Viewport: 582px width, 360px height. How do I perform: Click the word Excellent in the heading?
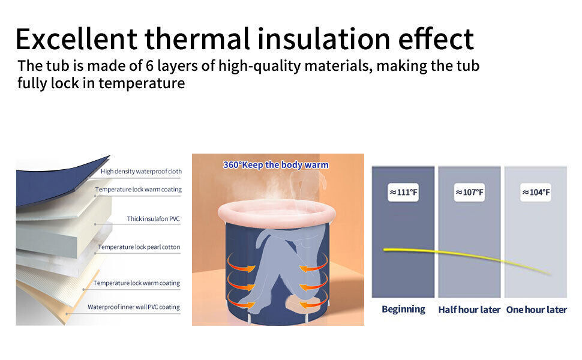pyautogui.click(x=76, y=39)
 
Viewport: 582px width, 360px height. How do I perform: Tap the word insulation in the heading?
pyautogui.click(x=323, y=39)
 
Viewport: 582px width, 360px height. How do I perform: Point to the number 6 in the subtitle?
pyautogui.click(x=149, y=65)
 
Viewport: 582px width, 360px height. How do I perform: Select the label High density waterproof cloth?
pyautogui.click(x=142, y=172)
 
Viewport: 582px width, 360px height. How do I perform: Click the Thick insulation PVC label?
pyautogui.click(x=153, y=218)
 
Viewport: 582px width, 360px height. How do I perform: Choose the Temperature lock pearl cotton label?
pyautogui.click(x=139, y=247)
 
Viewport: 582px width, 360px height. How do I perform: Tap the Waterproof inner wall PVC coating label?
pyautogui.click(x=134, y=307)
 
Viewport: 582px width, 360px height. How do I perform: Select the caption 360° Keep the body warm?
pyautogui.click(x=276, y=165)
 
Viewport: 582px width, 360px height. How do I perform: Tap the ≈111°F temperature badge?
pyautogui.click(x=403, y=192)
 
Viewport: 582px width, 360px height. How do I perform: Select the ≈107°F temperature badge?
pyautogui.click(x=469, y=192)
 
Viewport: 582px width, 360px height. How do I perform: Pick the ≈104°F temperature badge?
pyautogui.click(x=536, y=192)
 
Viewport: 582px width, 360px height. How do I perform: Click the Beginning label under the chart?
pyautogui.click(x=403, y=309)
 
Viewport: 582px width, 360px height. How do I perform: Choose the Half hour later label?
pyautogui.click(x=469, y=310)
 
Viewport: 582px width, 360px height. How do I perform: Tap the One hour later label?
pyautogui.click(x=536, y=310)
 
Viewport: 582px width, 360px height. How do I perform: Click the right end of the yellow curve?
pyautogui.click(x=550, y=274)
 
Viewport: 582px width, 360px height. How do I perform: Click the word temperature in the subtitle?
pyautogui.click(x=142, y=83)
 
